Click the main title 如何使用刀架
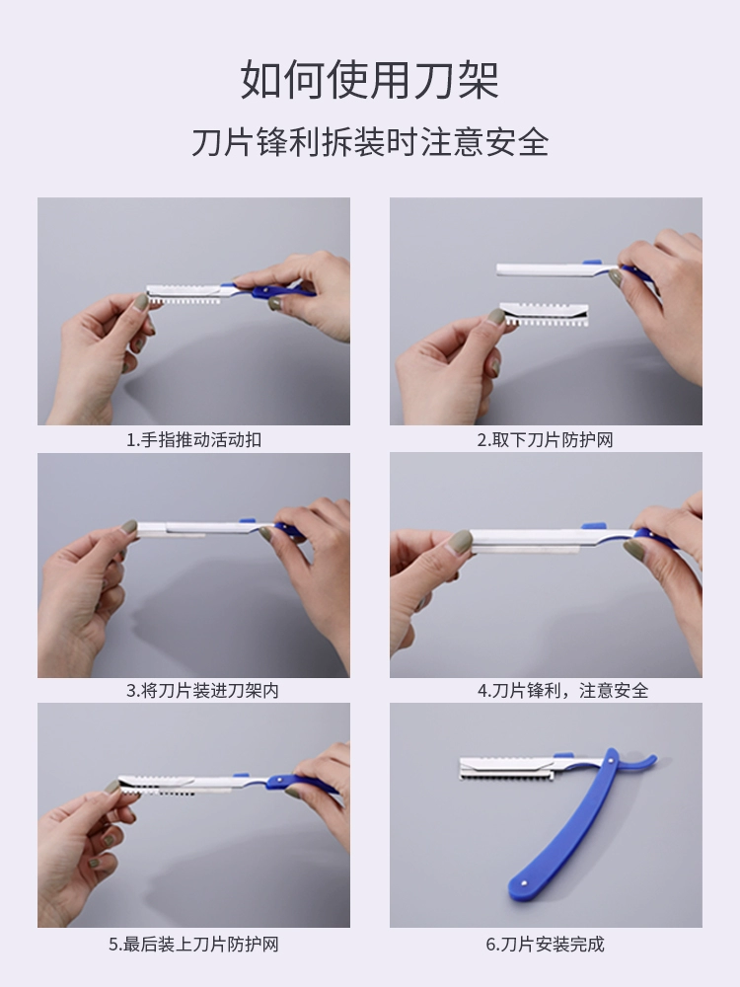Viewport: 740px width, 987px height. [x=370, y=80]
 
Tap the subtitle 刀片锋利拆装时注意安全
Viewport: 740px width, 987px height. [x=370, y=141]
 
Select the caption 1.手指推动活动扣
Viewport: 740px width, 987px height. [x=193, y=439]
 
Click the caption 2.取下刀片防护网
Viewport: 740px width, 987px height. [x=545, y=439]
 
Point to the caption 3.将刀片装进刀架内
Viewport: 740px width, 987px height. [x=202, y=691]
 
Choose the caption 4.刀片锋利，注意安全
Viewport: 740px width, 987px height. [x=562, y=691]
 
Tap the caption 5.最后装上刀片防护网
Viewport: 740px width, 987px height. [x=193, y=945]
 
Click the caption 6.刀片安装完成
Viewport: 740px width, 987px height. [x=545, y=945]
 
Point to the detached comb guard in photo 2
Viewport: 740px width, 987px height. [x=545, y=314]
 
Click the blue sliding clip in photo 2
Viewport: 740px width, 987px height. [x=591, y=263]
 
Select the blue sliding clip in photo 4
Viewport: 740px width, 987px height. [x=591, y=525]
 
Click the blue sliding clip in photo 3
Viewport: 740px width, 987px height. [x=248, y=521]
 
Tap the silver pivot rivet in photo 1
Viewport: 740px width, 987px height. [x=266, y=290]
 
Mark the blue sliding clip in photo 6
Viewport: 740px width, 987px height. [x=563, y=756]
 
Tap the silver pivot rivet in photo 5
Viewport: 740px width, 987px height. [x=279, y=782]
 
